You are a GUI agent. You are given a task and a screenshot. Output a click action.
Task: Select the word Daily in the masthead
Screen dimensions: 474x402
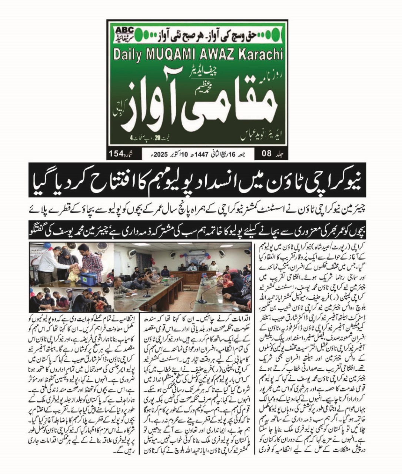[127, 55]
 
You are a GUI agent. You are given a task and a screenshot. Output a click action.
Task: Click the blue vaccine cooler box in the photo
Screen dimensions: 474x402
[89, 278]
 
